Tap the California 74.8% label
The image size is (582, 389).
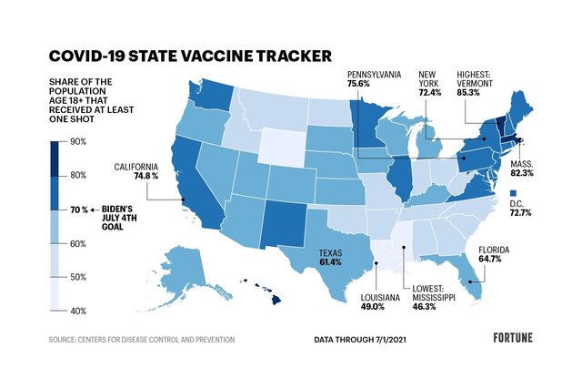pyautogui.click(x=137, y=171)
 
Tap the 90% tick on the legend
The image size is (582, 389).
pyautogui.click(x=78, y=141)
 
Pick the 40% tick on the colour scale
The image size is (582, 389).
pyautogui.click(x=78, y=311)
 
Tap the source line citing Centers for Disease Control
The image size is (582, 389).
pyautogui.click(x=142, y=339)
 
